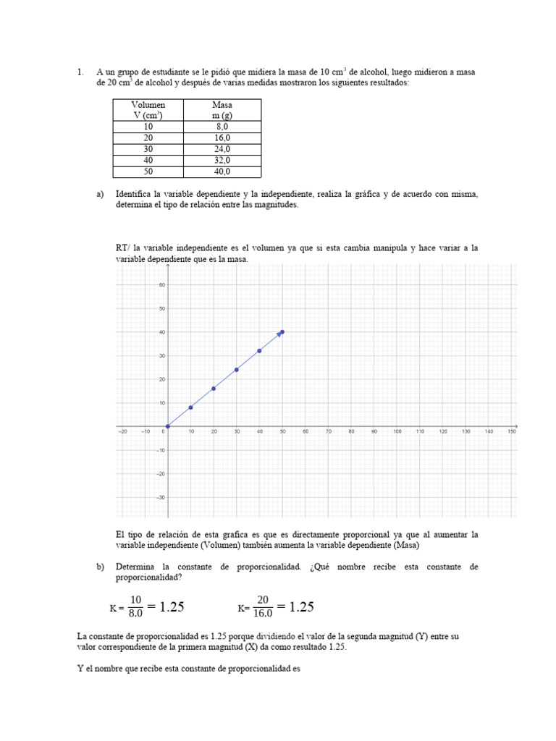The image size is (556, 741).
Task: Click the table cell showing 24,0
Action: coord(222,149)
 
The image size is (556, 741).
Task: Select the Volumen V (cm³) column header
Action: coord(148,110)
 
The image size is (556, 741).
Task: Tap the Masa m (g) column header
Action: coord(222,110)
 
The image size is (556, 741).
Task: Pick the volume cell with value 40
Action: coord(148,160)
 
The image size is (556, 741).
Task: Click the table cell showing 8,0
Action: coord(222,127)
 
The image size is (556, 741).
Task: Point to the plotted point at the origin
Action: coord(167,426)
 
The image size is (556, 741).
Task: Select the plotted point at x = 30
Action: coord(237,370)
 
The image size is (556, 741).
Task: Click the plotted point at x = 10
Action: coord(190,407)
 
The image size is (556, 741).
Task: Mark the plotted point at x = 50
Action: coord(282,332)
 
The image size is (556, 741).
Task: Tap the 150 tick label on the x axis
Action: coord(511,431)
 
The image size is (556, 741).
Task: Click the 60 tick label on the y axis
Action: coord(162,285)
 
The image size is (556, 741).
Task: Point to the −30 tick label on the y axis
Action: coord(161,497)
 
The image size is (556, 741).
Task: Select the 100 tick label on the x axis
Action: coord(396,431)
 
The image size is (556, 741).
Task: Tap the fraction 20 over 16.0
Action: coord(262,606)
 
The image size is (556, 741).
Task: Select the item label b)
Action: coord(101,567)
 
